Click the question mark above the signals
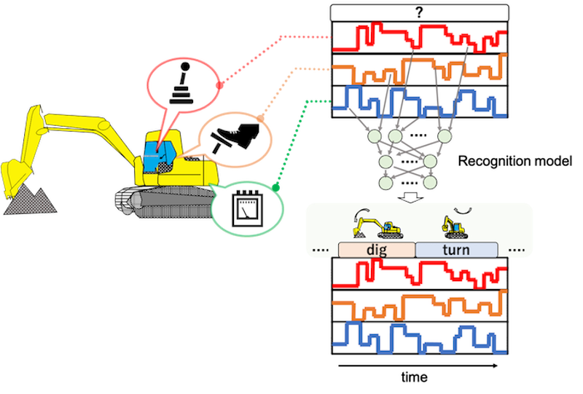click(x=420, y=12)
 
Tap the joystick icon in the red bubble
click(x=181, y=83)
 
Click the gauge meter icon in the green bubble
click(x=247, y=209)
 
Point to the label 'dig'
click(x=377, y=250)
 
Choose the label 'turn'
click(x=456, y=250)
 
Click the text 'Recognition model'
click(x=515, y=161)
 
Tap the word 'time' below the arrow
click(x=414, y=377)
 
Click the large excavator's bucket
click(x=15, y=177)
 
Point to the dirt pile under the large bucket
click(x=30, y=200)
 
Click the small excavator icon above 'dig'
click(x=378, y=227)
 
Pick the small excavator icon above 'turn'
click(x=454, y=227)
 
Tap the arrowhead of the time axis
click(x=496, y=366)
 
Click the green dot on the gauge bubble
click(x=275, y=188)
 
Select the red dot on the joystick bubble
click(x=219, y=85)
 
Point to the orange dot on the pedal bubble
click(x=260, y=119)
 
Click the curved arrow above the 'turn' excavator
click(x=464, y=211)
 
